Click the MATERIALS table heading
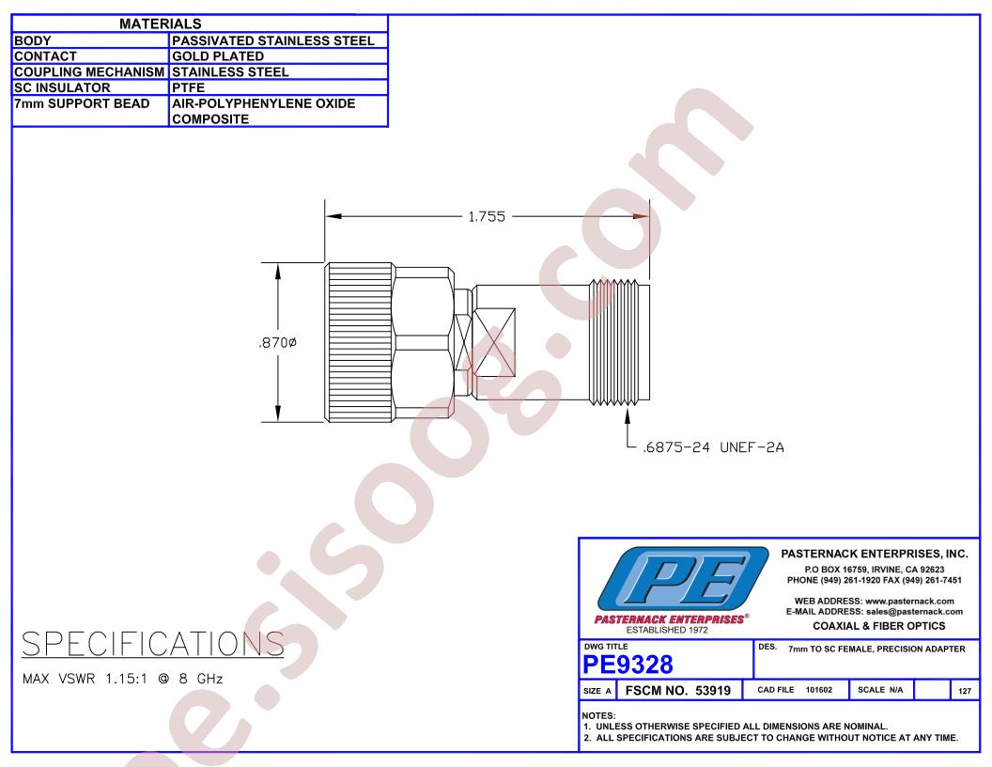(x=160, y=23)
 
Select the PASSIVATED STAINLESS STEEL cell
(x=273, y=40)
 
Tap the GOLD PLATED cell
(x=218, y=56)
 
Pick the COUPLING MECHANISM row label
(x=89, y=72)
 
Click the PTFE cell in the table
(x=189, y=88)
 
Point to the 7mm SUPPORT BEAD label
(x=82, y=103)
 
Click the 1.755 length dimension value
(x=487, y=217)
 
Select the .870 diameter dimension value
(x=278, y=342)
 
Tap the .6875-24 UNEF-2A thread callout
(x=713, y=447)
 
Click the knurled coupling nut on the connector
(x=359, y=342)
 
